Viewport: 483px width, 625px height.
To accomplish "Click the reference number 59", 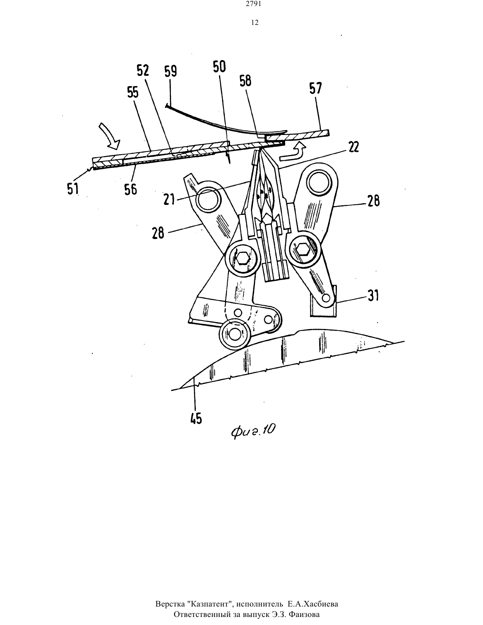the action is [171, 71].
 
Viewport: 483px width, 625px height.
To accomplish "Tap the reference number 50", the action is [219, 66].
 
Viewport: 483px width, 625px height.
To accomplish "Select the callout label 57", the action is [316, 88].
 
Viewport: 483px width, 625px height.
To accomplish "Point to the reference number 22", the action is [354, 147].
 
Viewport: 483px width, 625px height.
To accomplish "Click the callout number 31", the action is [373, 295].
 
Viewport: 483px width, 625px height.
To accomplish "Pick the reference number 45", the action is [196, 418].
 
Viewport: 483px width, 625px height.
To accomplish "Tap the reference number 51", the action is [73, 189].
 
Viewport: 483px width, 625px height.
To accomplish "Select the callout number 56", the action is [130, 190].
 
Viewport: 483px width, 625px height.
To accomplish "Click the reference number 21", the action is [169, 199].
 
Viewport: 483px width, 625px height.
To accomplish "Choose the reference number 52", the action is [143, 71].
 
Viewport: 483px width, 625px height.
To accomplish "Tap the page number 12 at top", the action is [255, 23].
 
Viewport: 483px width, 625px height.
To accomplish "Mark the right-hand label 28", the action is [373, 201].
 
